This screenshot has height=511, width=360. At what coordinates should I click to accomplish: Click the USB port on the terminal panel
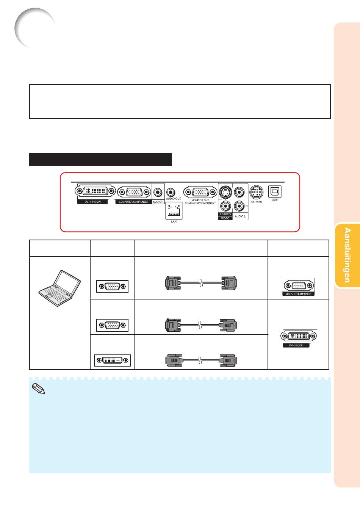point(275,191)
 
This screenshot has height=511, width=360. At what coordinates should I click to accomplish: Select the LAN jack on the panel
point(174,211)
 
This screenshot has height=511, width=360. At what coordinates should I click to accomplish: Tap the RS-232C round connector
point(257,192)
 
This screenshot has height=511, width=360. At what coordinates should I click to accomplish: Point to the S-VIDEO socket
point(226,193)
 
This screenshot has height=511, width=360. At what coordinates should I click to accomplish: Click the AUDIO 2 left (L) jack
point(239,193)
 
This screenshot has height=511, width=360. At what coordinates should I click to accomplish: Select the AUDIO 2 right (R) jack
point(239,206)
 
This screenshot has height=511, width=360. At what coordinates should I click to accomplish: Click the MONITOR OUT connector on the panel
point(200,192)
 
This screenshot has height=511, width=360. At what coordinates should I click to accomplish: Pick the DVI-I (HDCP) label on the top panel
point(92,202)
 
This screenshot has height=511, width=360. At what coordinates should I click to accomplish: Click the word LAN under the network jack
point(174,222)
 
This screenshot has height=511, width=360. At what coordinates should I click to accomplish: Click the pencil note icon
point(39,389)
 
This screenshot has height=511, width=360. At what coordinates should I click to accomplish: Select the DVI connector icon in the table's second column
point(112,360)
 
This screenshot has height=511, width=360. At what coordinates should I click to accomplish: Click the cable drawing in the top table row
point(201,283)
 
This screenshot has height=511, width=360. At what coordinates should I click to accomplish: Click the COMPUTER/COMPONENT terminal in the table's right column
point(298,286)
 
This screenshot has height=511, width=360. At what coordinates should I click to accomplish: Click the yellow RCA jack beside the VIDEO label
point(226,206)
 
